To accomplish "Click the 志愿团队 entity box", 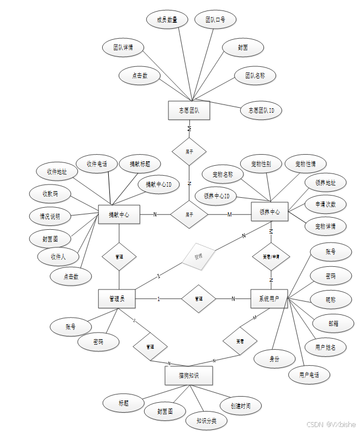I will click(x=189, y=110).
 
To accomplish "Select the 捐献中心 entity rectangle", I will click(x=119, y=214).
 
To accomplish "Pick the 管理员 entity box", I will click(x=117, y=299).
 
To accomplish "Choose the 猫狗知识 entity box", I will click(x=188, y=376).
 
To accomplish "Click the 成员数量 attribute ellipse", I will click(x=167, y=20).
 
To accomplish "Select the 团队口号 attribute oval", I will click(x=215, y=20).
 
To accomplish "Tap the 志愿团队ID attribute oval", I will click(x=261, y=110).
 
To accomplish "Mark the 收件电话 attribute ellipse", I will click(x=97, y=164).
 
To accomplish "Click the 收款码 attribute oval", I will click(x=50, y=193).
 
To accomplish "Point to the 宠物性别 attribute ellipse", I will click(x=261, y=164).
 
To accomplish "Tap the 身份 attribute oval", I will click(x=274, y=359).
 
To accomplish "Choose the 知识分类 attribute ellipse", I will click(x=206, y=420).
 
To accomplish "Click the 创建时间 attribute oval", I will click(x=240, y=406).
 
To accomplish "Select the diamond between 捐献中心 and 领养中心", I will click(x=189, y=214).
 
